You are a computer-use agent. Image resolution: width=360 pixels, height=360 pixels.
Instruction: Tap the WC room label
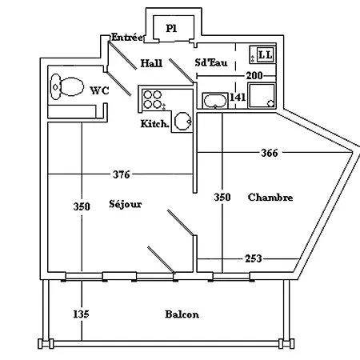pyautogui.click(x=99, y=90)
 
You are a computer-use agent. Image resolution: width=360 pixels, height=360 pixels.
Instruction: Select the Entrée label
pyautogui.click(x=127, y=37)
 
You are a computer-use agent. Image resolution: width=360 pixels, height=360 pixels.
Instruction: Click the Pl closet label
pyautogui.click(x=171, y=28)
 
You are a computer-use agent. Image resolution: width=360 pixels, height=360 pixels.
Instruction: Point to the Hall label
pyautogui.click(x=151, y=63)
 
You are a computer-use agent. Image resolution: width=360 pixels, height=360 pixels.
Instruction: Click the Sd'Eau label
pyautogui.click(x=211, y=62)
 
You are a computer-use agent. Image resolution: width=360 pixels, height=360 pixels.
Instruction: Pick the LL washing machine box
pyautogui.click(x=262, y=54)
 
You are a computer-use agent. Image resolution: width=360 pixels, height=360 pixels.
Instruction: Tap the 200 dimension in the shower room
pyautogui.click(x=254, y=76)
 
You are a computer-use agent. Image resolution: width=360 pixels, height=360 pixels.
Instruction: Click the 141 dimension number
pyautogui.click(x=238, y=98)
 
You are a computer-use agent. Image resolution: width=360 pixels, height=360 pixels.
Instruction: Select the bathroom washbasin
pyautogui.click(x=215, y=101)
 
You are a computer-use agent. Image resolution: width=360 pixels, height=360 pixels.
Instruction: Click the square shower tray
pyautogui.click(x=262, y=96)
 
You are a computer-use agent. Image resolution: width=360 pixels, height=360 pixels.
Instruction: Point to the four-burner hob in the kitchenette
pyautogui.click(x=153, y=99)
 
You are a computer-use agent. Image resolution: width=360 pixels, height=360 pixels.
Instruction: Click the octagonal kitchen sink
pyautogui.click(x=183, y=121)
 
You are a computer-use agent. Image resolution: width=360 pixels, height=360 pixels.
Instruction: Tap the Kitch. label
pyautogui.click(x=154, y=124)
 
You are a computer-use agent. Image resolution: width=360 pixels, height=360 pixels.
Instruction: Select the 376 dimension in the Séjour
pyautogui.click(x=122, y=174)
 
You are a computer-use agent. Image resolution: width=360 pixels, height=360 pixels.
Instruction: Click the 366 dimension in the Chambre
pyautogui.click(x=270, y=153)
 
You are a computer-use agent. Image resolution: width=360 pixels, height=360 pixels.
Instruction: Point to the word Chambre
pyautogui.click(x=270, y=198)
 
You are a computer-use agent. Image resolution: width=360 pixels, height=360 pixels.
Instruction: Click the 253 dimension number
pyautogui.click(x=254, y=258)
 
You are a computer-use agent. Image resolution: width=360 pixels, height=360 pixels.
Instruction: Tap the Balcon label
pyautogui.click(x=182, y=314)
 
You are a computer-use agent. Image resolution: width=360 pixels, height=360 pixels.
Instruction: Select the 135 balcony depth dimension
pyautogui.click(x=81, y=314)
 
